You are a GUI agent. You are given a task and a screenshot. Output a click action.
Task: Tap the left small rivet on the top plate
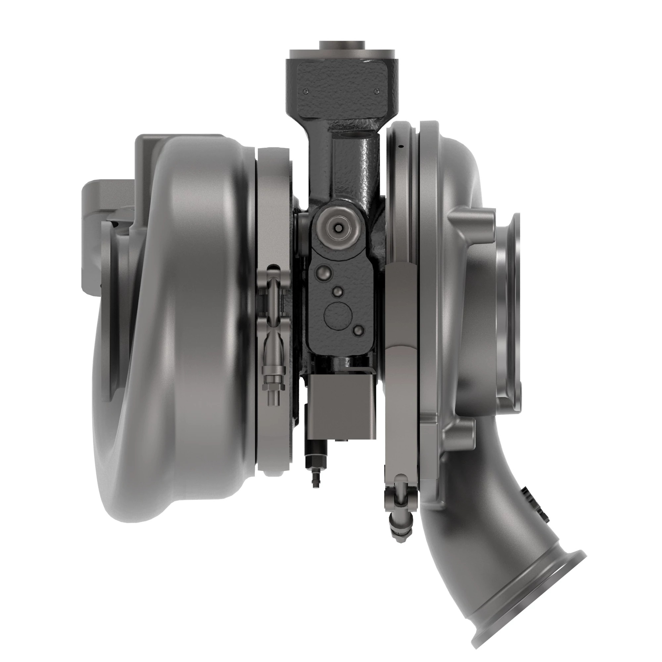(306, 91)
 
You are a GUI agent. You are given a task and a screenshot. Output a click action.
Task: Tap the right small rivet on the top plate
(377, 91)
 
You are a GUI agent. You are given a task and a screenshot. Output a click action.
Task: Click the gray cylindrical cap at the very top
(342, 46)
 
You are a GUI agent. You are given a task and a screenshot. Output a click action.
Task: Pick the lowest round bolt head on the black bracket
(358, 330)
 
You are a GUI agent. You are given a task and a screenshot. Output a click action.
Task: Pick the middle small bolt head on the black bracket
(338, 292)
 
